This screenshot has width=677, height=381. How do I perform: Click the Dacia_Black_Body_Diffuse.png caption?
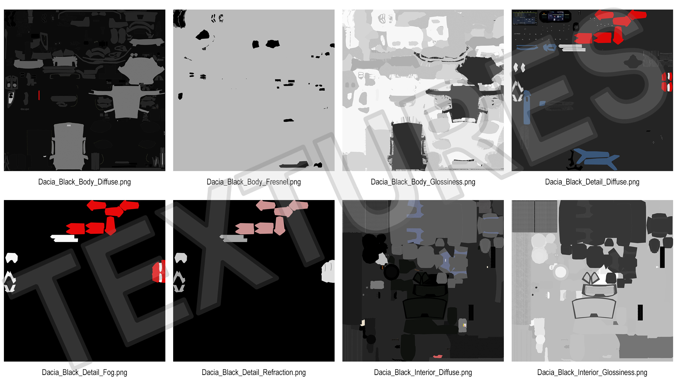pyautogui.click(x=84, y=182)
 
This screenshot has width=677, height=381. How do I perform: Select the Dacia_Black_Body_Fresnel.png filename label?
pyautogui.click(x=254, y=182)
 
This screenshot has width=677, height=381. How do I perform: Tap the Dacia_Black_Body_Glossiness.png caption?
pyautogui.click(x=423, y=182)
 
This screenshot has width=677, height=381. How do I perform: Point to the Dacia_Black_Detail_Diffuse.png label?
pyautogui.click(x=592, y=182)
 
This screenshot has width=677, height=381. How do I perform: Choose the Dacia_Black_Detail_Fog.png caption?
pyautogui.click(x=84, y=373)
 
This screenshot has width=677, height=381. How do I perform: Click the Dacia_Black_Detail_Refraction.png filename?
pyautogui.click(x=254, y=373)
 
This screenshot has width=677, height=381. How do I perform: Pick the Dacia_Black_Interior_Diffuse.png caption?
pyautogui.click(x=423, y=373)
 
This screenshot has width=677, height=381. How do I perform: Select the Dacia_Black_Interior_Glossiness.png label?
pyautogui.click(x=592, y=373)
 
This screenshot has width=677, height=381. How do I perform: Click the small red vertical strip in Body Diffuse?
pyautogui.click(x=39, y=95)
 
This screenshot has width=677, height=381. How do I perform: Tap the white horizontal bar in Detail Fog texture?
pyautogui.click(x=65, y=238)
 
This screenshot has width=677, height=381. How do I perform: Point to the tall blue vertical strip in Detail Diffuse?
pyautogui.click(x=527, y=108)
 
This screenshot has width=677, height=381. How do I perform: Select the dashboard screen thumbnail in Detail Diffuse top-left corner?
pyautogui.click(x=525, y=18)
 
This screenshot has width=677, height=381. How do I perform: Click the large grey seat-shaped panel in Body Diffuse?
pyautogui.click(x=69, y=146)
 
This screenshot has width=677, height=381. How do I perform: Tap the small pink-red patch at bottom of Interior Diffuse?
pyautogui.click(x=438, y=357)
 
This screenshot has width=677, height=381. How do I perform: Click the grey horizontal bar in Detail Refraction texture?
pyautogui.click(x=234, y=238)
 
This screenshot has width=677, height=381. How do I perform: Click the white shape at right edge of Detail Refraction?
pyautogui.click(x=328, y=271)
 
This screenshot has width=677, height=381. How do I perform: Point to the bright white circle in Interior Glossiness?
pyautogui.click(x=560, y=272)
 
